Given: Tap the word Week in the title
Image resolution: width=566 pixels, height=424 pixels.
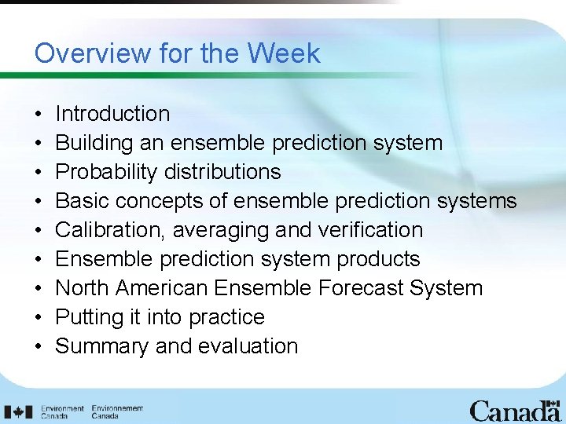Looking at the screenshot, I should (x=284, y=53).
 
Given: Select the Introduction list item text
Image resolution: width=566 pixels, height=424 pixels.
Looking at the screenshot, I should (x=112, y=114).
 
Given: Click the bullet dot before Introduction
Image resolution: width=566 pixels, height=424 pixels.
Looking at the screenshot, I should (x=39, y=115).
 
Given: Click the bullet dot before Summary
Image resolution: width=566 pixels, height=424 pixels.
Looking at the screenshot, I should (x=39, y=347).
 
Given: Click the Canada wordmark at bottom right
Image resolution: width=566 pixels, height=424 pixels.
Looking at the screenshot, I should (x=515, y=410).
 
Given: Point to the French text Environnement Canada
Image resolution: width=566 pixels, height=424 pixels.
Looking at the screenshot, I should (x=117, y=411).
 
